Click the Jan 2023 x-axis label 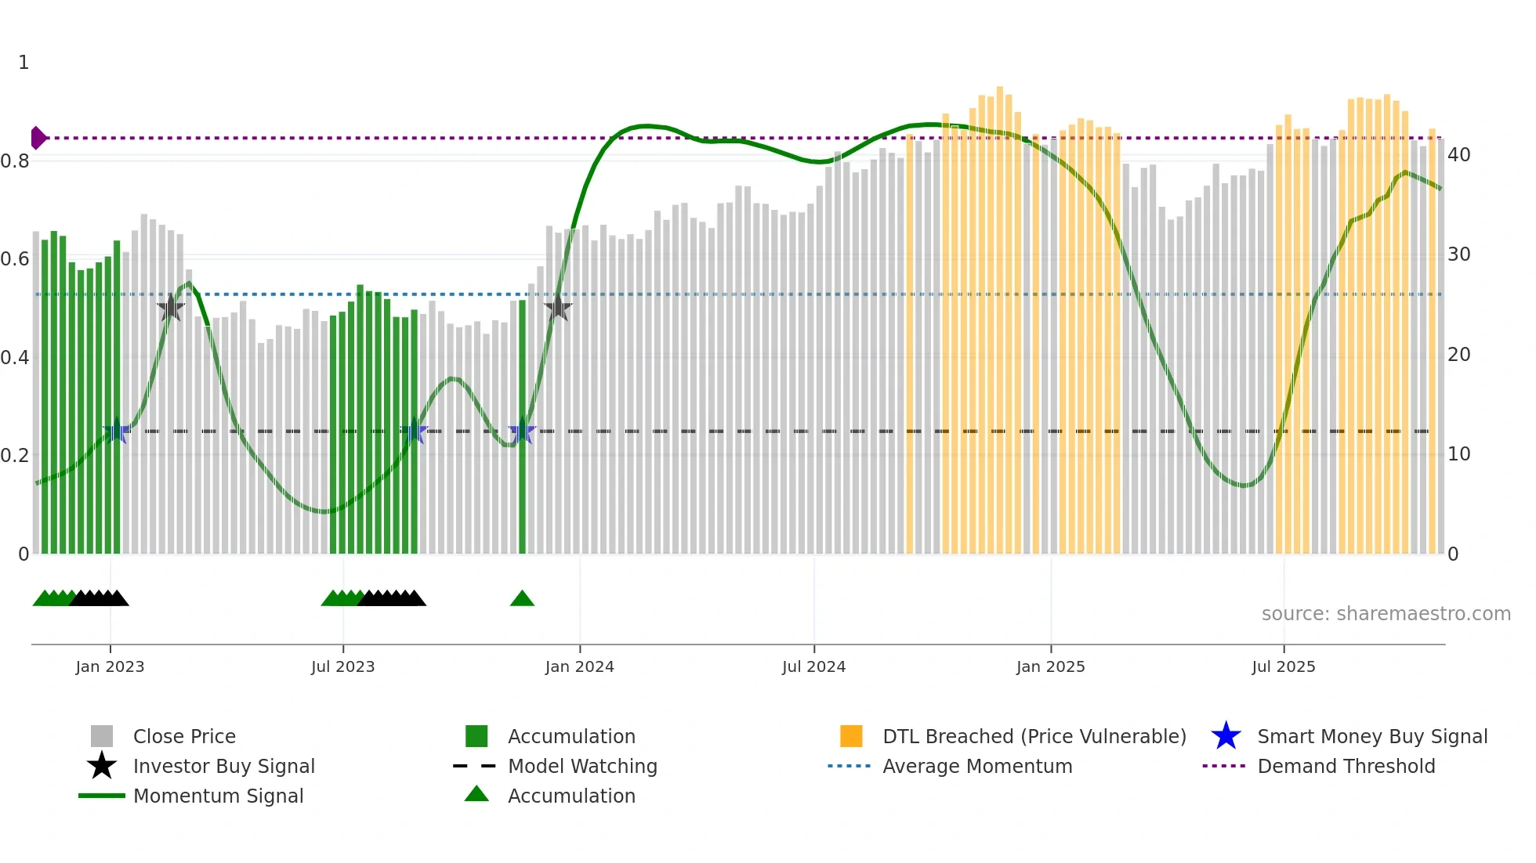[110, 666]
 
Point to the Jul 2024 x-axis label [813, 666]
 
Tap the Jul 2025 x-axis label [1283, 666]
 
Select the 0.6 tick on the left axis [15, 259]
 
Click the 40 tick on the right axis [1458, 155]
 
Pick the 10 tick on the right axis [1458, 454]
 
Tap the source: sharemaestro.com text [1386, 614]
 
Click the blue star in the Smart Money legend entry [1226, 736]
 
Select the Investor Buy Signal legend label [223, 766]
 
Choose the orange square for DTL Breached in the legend [851, 736]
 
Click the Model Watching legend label [582, 766]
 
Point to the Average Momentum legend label [977, 766]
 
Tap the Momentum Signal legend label [218, 796]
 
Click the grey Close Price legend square [102, 736]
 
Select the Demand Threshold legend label [1346, 766]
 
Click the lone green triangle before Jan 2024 [522, 599]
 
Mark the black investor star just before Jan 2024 [558, 309]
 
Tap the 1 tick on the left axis [24, 63]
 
